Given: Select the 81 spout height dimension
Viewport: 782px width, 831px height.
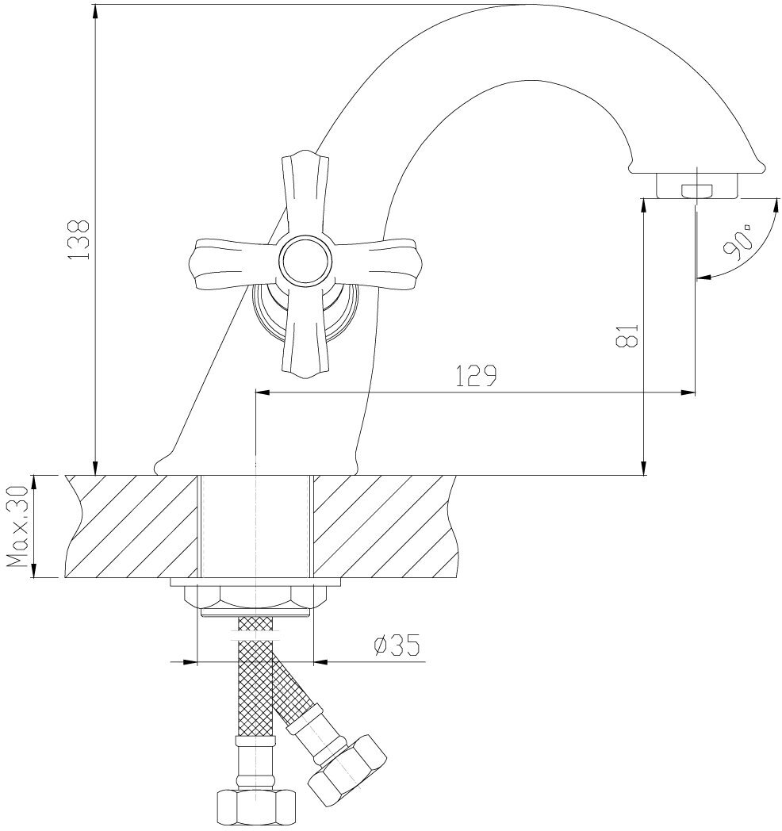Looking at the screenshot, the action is [629, 335].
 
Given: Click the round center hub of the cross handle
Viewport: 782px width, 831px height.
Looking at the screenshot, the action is [302, 259].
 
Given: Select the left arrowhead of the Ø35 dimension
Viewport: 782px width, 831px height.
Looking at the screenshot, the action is [188, 661].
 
